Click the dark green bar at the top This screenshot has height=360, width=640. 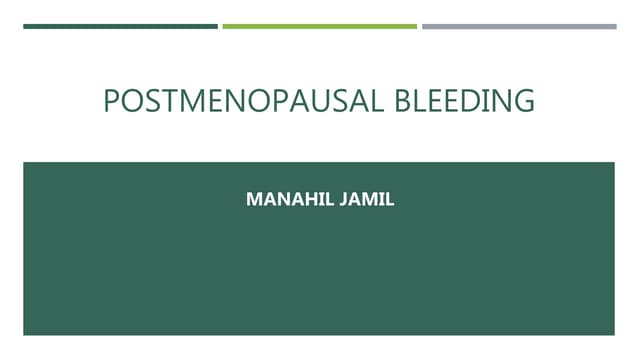point(120,26)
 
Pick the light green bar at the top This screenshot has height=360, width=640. point(319,26)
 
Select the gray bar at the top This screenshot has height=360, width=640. point(519,26)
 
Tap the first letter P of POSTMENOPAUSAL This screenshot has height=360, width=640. point(111,101)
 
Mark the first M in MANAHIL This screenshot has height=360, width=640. point(253,200)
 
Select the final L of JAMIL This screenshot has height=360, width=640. point(391,200)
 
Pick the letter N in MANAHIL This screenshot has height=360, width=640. point(279,200)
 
